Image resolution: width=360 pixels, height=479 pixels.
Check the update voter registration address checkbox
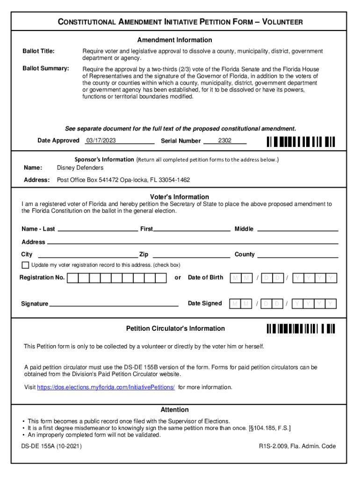pyautogui.click(x=25, y=265)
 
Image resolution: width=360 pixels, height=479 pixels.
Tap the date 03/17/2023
pyautogui.click(x=101, y=141)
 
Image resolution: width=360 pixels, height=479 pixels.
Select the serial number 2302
pyautogui.click(x=224, y=141)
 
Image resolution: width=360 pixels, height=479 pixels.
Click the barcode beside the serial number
pyautogui.click(x=301, y=141)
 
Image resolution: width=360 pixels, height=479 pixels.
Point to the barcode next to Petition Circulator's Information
pyautogui.click(x=301, y=328)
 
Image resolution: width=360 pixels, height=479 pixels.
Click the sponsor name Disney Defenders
pyautogui.click(x=80, y=168)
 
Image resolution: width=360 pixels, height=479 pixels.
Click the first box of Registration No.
pyautogui.click(x=72, y=278)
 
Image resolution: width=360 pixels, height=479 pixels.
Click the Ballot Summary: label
pyautogui.click(x=46, y=69)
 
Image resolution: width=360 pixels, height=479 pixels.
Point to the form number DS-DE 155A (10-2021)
pyautogui.click(x=51, y=446)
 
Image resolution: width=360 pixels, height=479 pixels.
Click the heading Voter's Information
pyautogui.click(x=180, y=197)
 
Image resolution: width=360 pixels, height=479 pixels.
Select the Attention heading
pyautogui.click(x=175, y=410)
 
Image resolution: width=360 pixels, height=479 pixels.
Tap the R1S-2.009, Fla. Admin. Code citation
pyautogui.click(x=297, y=446)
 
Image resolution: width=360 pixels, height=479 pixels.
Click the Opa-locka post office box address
pyautogui.click(x=123, y=180)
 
